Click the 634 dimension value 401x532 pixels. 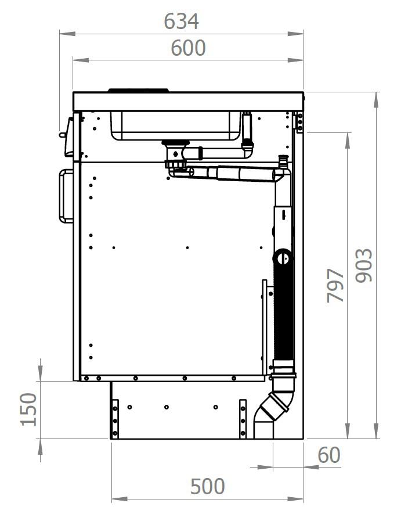181,21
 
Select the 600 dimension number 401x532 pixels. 188,48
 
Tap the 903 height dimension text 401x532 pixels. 364,265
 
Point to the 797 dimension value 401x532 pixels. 335,285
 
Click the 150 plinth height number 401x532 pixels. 28,409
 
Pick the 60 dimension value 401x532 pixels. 329,455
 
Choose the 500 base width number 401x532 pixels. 207,486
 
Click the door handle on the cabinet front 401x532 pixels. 66,196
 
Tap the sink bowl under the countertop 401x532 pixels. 176,125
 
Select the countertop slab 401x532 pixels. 189,101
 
